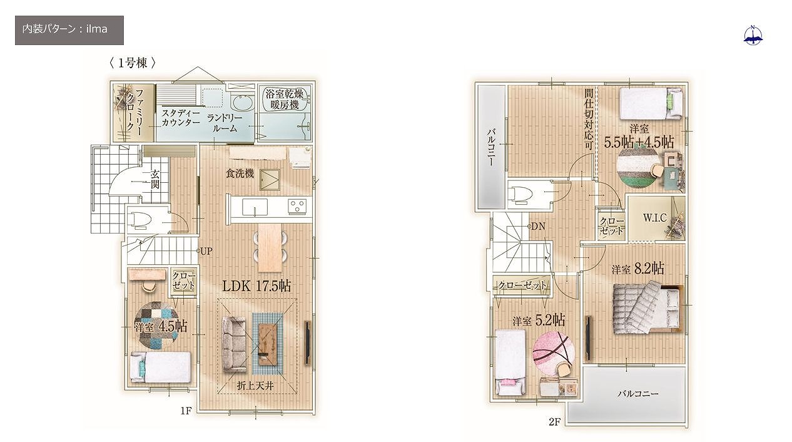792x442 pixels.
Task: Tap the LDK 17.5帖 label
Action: [256, 286]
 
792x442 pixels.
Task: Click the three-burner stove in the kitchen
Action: [297, 207]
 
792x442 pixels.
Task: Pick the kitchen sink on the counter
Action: [255, 207]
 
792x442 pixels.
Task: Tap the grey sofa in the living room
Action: [234, 344]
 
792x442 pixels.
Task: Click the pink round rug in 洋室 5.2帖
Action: [554, 352]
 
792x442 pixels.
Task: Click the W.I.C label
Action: [655, 218]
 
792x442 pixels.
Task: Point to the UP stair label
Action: [206, 251]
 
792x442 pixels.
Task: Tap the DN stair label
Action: [538, 227]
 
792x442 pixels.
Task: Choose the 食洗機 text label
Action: [240, 174]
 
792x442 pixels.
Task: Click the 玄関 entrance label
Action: [155, 179]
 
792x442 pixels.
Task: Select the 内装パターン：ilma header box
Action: [69, 30]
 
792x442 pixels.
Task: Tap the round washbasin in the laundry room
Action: [242, 102]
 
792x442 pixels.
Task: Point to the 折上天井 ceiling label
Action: [255, 386]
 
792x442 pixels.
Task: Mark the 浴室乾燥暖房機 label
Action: [285, 100]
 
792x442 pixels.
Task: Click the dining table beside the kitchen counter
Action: [270, 248]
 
